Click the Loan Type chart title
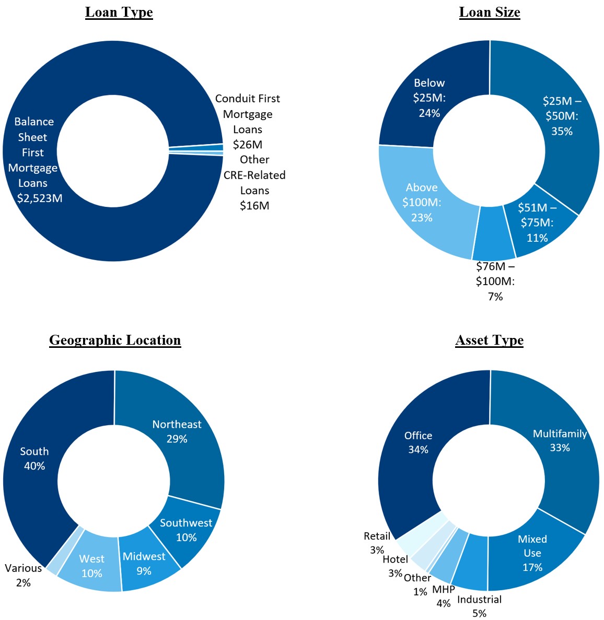[119, 13]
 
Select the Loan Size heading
[490, 13]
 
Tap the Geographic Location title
[115, 340]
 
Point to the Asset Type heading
[490, 340]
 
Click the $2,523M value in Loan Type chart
[40, 198]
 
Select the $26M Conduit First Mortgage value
[248, 145]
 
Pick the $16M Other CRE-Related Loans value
[254, 206]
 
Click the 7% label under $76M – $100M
[495, 297]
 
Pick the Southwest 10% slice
[186, 530]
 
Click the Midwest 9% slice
[144, 564]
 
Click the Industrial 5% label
[479, 606]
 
